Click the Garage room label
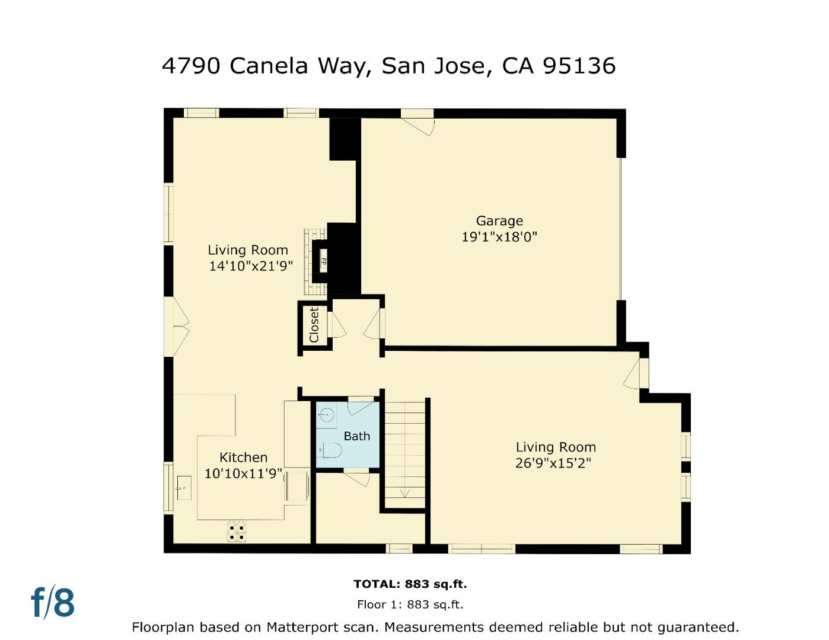(499, 221)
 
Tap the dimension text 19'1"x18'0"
(499, 237)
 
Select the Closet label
(314, 325)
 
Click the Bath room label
(357, 436)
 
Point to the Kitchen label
(243, 457)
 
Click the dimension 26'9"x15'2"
(553, 463)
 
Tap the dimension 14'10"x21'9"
(251, 266)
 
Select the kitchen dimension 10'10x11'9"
(243, 474)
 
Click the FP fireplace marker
(323, 261)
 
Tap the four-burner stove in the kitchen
(237, 530)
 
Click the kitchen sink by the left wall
(184, 487)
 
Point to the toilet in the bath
(330, 451)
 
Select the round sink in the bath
(326, 415)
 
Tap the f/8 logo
(53, 602)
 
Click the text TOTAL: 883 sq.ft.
(410, 584)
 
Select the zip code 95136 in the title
(579, 66)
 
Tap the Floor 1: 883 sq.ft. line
(410, 605)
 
